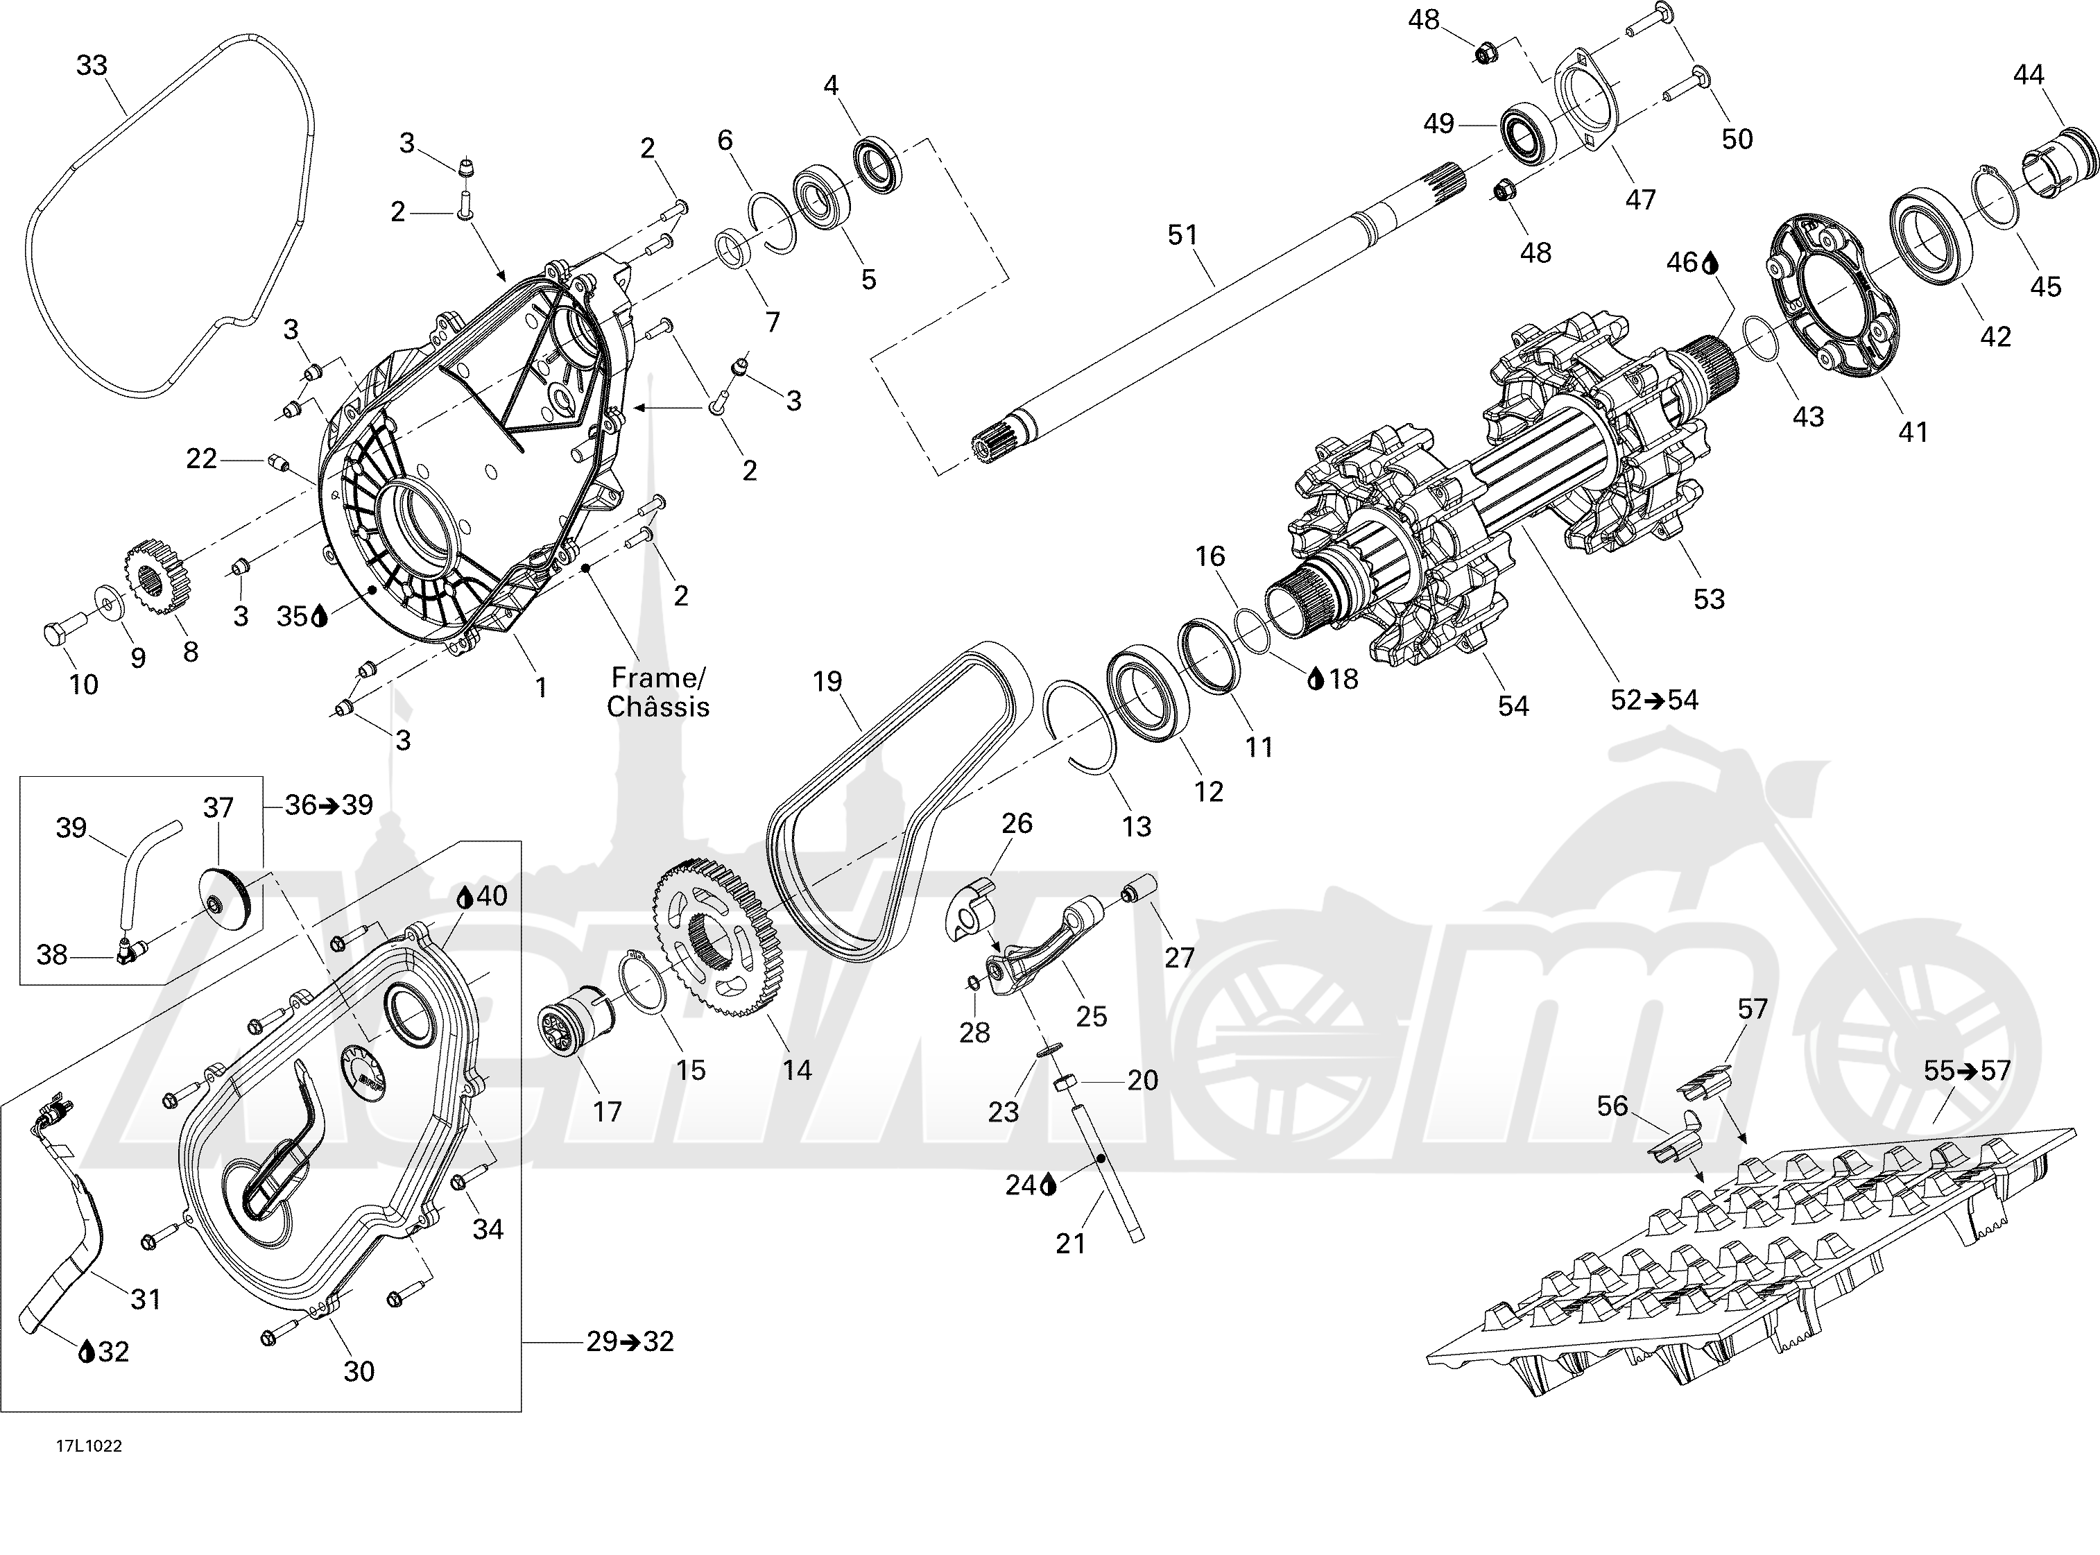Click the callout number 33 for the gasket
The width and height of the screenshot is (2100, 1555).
coord(92,66)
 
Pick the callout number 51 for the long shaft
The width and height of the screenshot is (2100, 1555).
coord(1182,234)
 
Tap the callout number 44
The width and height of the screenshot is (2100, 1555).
coord(2029,74)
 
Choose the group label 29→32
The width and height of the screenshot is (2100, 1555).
coord(630,1341)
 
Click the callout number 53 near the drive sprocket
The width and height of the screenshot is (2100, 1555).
coord(1708,599)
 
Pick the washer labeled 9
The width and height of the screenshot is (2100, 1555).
coord(106,603)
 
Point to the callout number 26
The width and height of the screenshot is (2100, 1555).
coord(1017,824)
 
